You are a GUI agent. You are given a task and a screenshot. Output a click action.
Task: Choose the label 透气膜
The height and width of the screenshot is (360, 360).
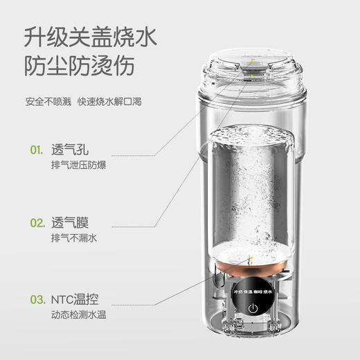tap(71, 224)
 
